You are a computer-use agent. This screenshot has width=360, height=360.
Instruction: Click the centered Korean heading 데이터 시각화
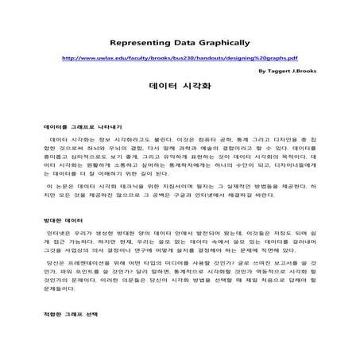coord(180,89)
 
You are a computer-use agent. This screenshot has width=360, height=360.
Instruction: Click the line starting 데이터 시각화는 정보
coord(180,140)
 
